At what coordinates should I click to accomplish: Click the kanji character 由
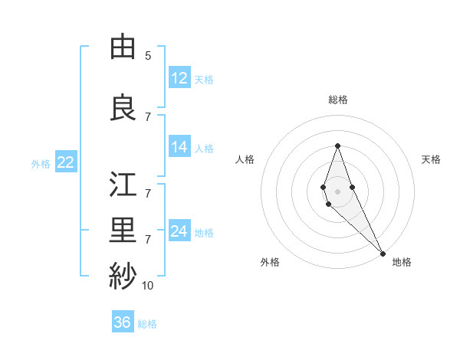(123, 47)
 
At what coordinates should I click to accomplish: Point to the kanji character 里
(123, 231)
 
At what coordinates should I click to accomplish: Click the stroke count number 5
(148, 55)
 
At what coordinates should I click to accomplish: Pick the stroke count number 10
(148, 286)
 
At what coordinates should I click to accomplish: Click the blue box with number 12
(179, 78)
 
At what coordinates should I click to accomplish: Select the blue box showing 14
(179, 147)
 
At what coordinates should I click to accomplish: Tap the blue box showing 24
(179, 231)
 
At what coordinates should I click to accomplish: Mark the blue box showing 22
(65, 162)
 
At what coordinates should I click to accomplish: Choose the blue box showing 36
(122, 322)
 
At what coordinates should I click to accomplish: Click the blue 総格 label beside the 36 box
(147, 324)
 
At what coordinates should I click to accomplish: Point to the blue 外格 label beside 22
(41, 163)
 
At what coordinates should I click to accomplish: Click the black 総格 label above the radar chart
(337, 100)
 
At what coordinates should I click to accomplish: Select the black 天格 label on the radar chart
(431, 159)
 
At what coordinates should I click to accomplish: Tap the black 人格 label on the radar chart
(245, 159)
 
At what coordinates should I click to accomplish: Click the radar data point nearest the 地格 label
(382, 253)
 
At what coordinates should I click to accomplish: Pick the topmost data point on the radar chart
(337, 146)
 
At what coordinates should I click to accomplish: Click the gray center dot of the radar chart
(337, 191)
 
